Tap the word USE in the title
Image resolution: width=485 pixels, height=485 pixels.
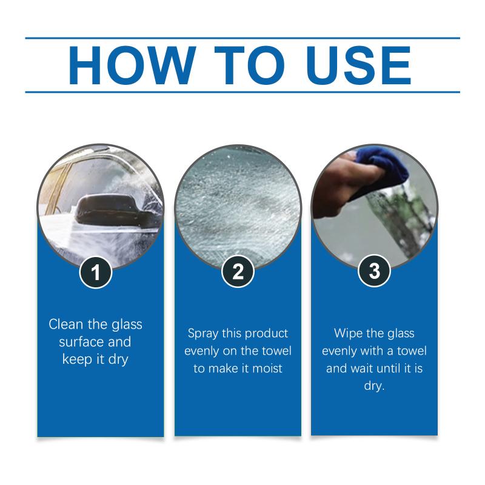pyautogui.click(x=359, y=65)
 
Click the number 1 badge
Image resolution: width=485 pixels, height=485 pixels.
pyautogui.click(x=96, y=272)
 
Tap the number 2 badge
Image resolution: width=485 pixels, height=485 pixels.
pyautogui.click(x=238, y=272)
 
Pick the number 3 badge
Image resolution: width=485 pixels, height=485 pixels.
pyautogui.click(x=374, y=271)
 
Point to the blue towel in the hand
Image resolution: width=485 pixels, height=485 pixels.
pyautogui.click(x=385, y=169)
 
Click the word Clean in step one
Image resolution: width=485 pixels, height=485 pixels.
pyautogui.click(x=66, y=324)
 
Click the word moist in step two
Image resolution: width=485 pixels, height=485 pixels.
pyautogui.click(x=267, y=369)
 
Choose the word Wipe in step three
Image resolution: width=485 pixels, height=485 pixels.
pyautogui.click(x=347, y=333)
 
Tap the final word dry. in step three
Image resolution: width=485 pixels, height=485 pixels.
pyautogui.click(x=374, y=386)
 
